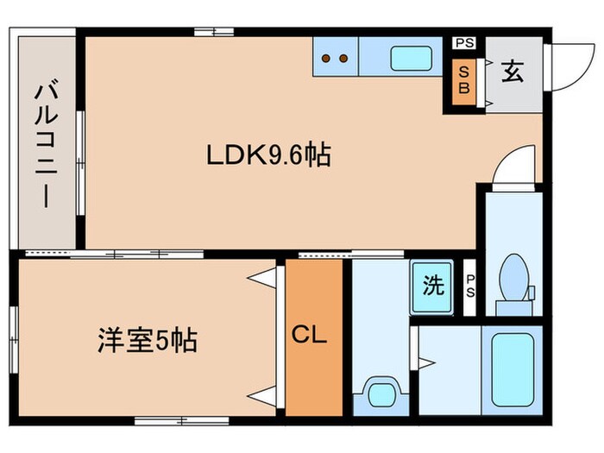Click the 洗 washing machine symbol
pyautogui.click(x=432, y=286)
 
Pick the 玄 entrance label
pyautogui.click(x=513, y=72)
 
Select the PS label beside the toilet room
pyautogui.click(x=470, y=284)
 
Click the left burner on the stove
pyautogui.click(x=327, y=60)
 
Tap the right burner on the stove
pyautogui.click(x=343, y=60)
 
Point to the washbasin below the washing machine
pyautogui.click(x=380, y=393)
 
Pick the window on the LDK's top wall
pyautogui.click(x=213, y=33)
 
